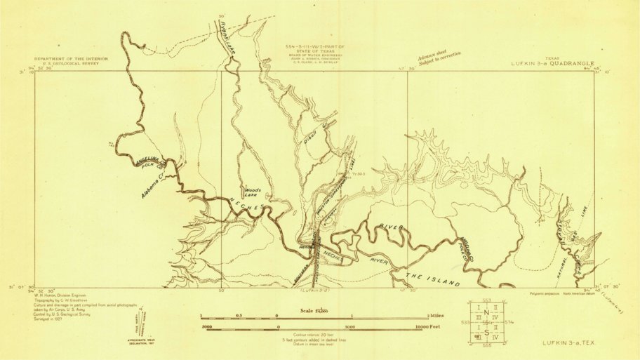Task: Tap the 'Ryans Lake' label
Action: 225,39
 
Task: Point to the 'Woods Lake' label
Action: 253,190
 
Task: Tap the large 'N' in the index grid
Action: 486,312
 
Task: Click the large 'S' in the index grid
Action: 486,332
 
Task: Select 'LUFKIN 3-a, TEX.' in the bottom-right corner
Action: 568,342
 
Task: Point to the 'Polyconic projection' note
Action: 546,288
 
